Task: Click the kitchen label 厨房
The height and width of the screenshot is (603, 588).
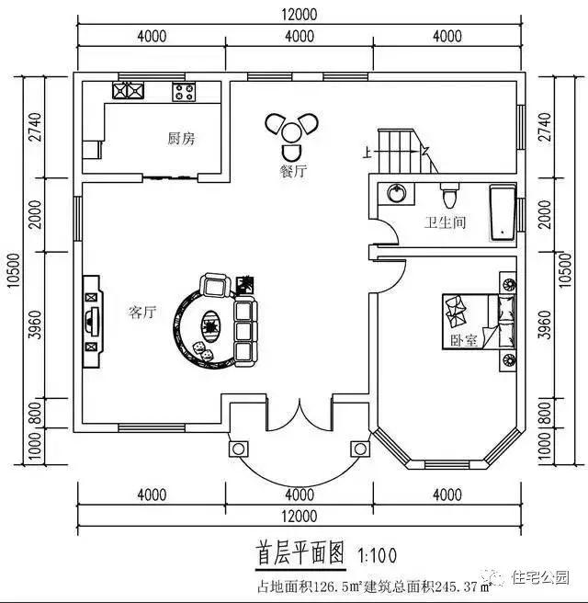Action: coord(180,139)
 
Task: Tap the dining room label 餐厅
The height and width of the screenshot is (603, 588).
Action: coord(293,172)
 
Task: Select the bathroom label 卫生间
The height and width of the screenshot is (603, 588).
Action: coord(445,222)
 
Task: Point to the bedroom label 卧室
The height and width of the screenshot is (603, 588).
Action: coord(464,340)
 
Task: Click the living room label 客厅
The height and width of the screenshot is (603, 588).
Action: coord(142,312)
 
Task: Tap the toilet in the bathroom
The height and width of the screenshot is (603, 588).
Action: coord(449,197)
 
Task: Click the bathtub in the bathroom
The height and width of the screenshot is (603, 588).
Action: coord(503,213)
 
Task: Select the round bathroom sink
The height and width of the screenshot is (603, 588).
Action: coord(396,194)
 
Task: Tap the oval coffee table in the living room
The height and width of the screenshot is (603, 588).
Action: coord(210,323)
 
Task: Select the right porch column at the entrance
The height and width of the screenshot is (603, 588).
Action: coord(359,449)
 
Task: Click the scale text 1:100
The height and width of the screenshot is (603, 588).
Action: coord(378,555)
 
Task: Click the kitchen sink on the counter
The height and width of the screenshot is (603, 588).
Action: coord(130,90)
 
